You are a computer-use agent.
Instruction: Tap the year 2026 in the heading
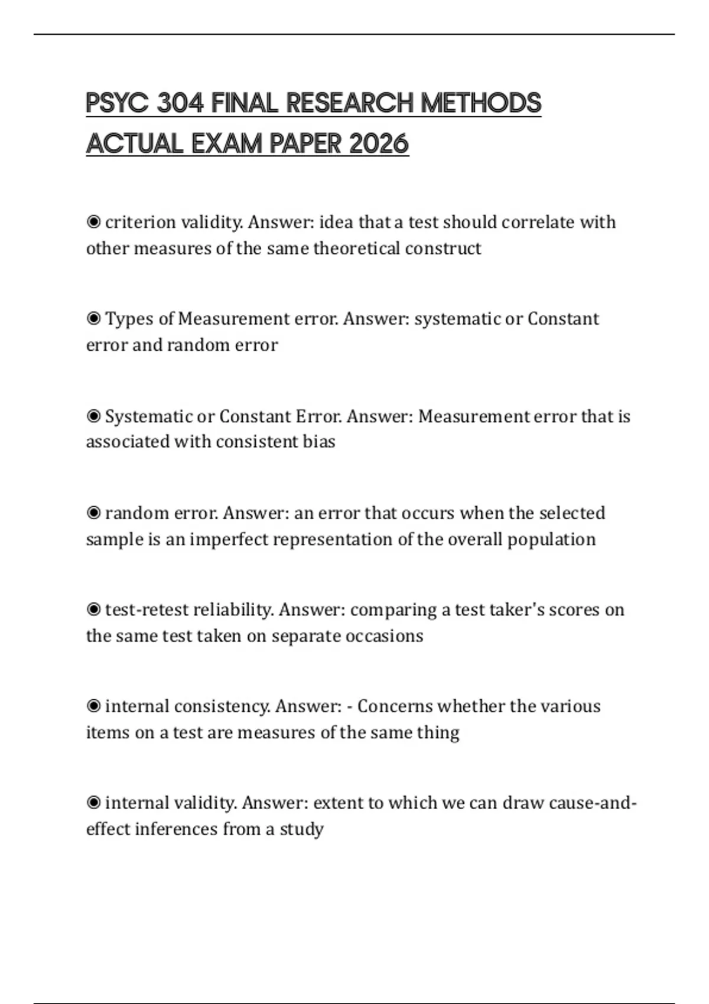pyautogui.click(x=379, y=144)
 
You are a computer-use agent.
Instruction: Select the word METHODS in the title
pyautogui.click(x=480, y=103)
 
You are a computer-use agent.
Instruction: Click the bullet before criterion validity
pyautogui.click(x=93, y=222)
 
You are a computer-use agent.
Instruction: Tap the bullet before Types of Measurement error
pyautogui.click(x=93, y=319)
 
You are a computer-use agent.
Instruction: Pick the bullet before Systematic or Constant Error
pyautogui.click(x=93, y=416)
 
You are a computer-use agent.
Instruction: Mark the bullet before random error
pyautogui.click(x=93, y=513)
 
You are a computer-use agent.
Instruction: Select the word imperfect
pyautogui.click(x=229, y=539)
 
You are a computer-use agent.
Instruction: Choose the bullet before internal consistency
pyautogui.click(x=93, y=706)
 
